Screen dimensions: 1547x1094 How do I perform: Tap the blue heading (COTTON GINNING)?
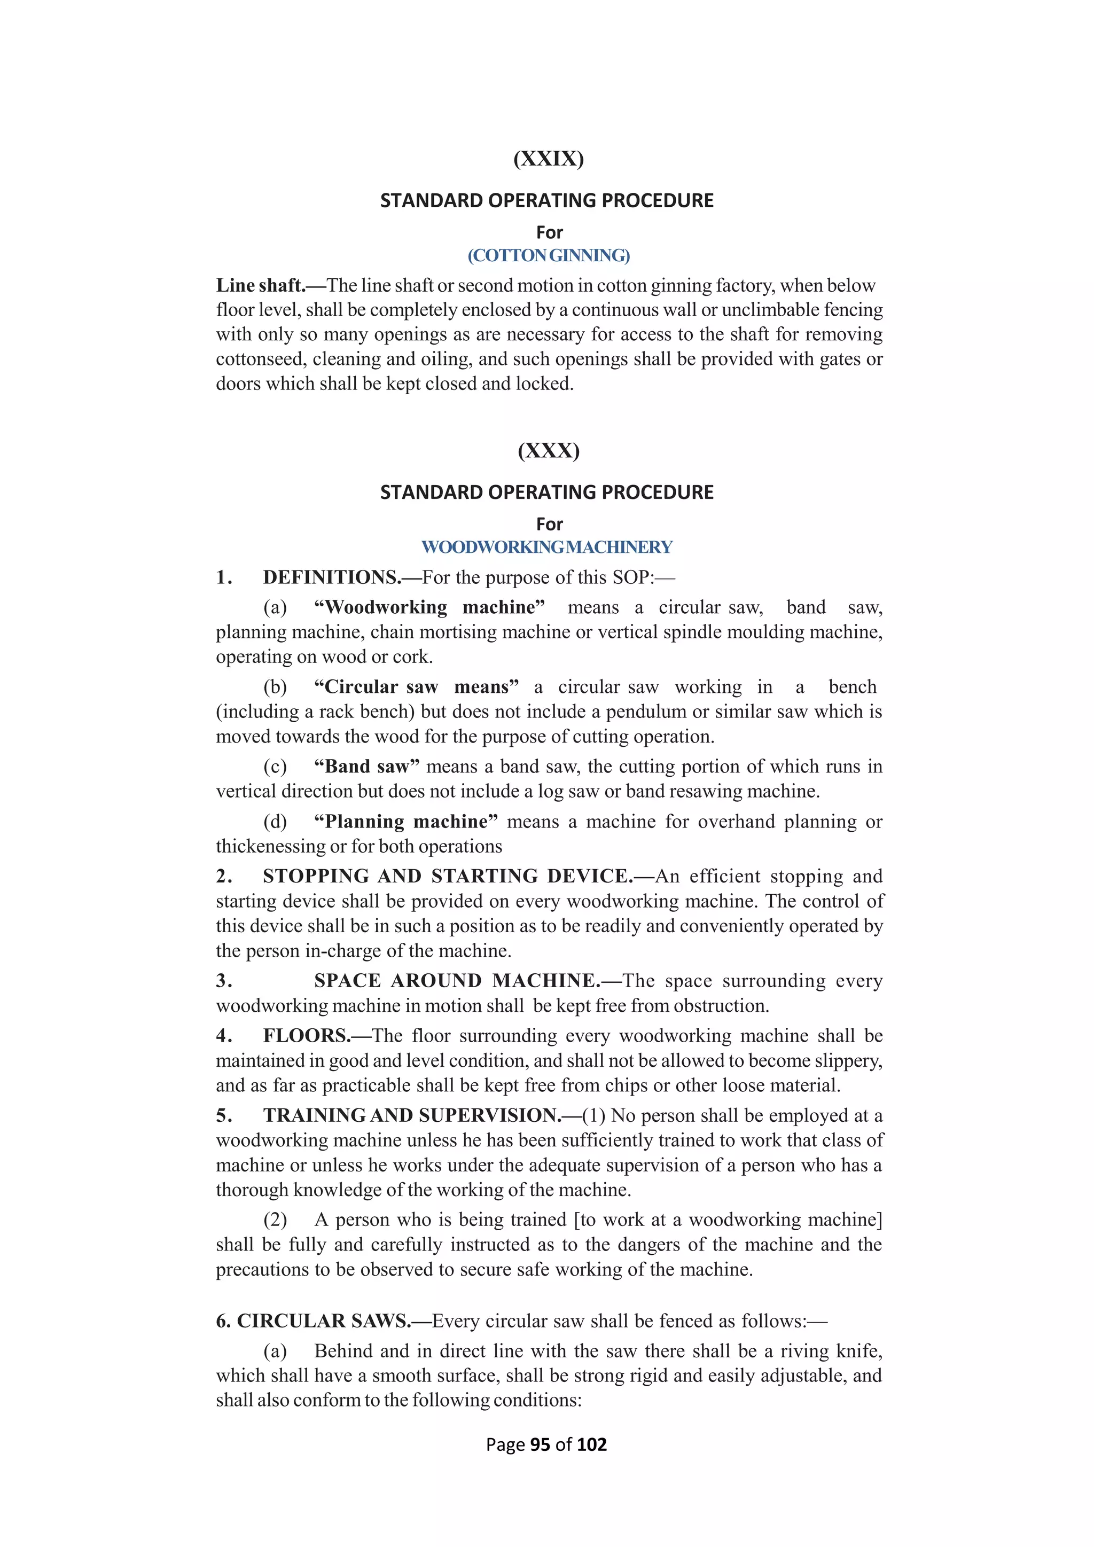coord(549,255)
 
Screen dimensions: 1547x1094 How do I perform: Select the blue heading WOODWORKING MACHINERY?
coord(546,547)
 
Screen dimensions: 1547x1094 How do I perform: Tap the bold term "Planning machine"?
coord(405,822)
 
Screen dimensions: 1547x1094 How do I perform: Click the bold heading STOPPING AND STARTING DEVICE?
coord(447,877)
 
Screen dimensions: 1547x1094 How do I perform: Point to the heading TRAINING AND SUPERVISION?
coord(412,1115)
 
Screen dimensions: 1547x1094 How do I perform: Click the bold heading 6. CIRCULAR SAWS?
coord(313,1321)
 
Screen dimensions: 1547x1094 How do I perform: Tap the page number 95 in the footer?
coord(540,1444)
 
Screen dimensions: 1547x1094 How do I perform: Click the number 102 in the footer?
coord(591,1444)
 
